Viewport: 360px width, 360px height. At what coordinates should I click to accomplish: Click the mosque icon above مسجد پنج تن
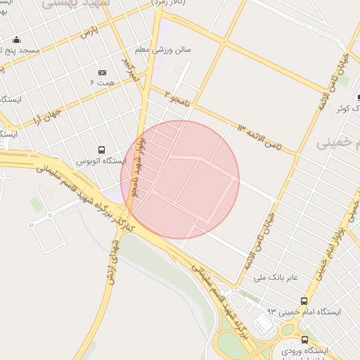coord(16,40)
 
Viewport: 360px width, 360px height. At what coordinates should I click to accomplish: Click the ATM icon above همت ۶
coord(102,72)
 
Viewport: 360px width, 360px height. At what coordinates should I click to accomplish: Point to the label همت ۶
coord(101,83)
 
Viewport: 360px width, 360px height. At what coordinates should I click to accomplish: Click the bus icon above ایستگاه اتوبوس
coord(102,150)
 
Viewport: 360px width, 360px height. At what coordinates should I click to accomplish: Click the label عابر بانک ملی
coord(269,278)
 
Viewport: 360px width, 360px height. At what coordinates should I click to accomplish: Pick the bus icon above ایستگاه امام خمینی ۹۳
coord(304,300)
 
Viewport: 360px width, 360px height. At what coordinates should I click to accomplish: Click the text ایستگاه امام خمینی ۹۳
coord(304,311)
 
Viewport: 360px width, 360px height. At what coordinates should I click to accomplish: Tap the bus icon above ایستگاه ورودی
coord(304,340)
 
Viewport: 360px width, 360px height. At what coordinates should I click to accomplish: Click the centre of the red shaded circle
coord(180,179)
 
